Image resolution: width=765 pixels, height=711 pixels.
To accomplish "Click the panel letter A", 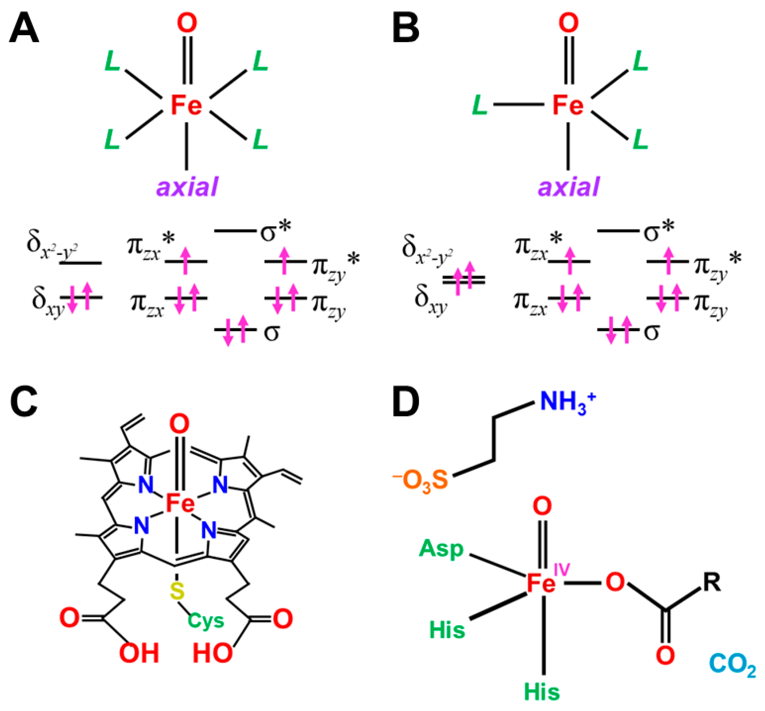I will click(24, 30).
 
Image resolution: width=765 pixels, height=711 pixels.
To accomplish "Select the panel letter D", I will click(406, 403).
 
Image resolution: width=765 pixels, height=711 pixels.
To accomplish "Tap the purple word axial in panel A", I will click(187, 186).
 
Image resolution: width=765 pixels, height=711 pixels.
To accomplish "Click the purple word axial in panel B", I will click(569, 186).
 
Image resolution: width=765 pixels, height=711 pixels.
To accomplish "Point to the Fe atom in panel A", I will click(187, 105).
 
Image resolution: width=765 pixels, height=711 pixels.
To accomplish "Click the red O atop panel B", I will click(568, 23).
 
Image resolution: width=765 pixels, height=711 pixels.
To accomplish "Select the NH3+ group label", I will click(568, 402).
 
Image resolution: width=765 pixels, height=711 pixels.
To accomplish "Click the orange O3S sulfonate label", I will click(421, 481).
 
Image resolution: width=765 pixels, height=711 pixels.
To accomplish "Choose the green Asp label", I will click(441, 548).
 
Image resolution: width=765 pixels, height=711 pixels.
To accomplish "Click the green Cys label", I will click(206, 620).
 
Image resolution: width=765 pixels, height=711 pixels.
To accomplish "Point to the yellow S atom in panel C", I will click(178, 591).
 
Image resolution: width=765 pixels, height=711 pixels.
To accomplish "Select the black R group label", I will click(712, 582).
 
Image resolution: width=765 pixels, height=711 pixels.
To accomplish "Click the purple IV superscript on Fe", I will click(562, 570).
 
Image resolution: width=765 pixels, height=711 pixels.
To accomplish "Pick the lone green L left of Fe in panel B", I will click(480, 105).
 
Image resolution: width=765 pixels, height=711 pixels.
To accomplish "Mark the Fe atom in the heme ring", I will click(180, 503).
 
